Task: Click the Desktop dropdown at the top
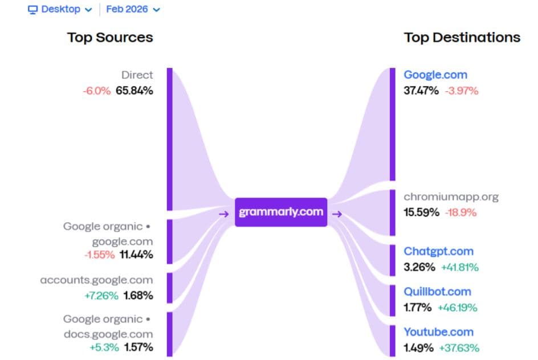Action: (x=60, y=10)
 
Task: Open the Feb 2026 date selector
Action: (x=133, y=10)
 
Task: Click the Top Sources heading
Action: (x=110, y=38)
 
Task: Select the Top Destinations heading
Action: (x=462, y=38)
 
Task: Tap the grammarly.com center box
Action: (x=281, y=212)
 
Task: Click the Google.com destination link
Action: (x=435, y=75)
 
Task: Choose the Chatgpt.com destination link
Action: (x=438, y=251)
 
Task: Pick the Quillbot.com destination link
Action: (x=437, y=292)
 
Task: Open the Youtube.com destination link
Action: (x=438, y=332)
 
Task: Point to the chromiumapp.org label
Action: (x=451, y=197)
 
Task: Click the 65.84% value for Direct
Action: (x=134, y=91)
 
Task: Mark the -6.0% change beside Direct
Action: (x=97, y=91)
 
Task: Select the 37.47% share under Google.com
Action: (x=421, y=91)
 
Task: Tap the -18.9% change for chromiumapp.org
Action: (x=461, y=212)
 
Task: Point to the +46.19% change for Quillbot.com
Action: (x=457, y=308)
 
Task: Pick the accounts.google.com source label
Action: (x=96, y=280)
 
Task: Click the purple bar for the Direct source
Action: (x=169, y=139)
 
